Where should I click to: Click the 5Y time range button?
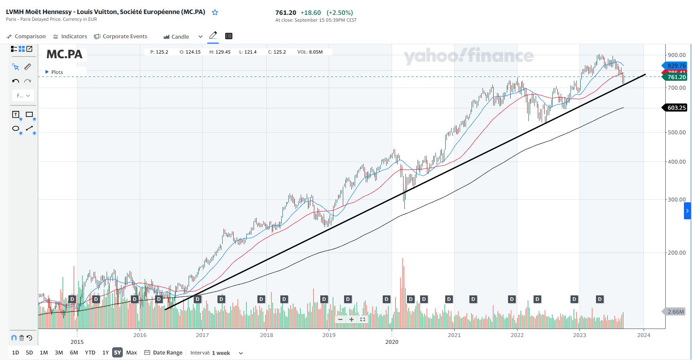pyautogui.click(x=117, y=352)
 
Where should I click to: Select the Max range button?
pyautogui.click(x=132, y=352)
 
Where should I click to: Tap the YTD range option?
pyautogui.click(x=90, y=352)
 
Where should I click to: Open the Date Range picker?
pyautogui.click(x=164, y=352)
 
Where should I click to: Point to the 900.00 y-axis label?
pyautogui.click(x=677, y=55)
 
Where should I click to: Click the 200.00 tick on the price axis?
pyautogui.click(x=677, y=252)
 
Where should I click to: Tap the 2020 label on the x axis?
pyautogui.click(x=392, y=342)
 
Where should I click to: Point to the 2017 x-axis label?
pyautogui.click(x=202, y=335)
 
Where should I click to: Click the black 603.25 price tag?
pyautogui.click(x=676, y=108)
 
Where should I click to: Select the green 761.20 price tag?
pyautogui.click(x=676, y=77)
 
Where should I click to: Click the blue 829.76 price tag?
pyautogui.click(x=676, y=65)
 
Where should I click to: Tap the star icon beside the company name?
pyautogui.click(x=215, y=12)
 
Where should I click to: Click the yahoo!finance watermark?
pyautogui.click(x=469, y=56)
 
